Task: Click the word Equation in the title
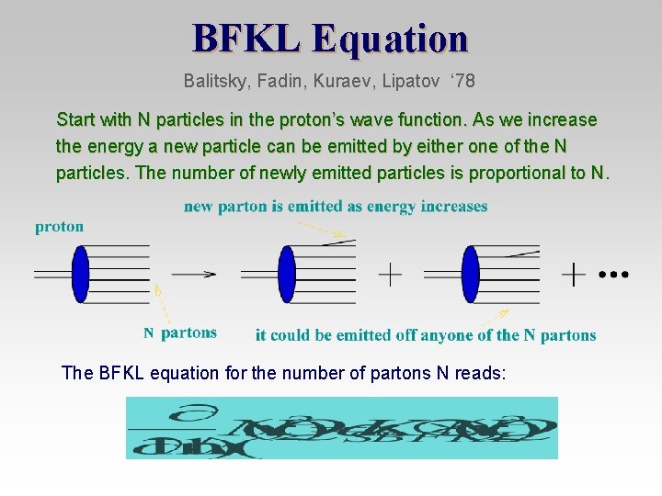pyautogui.click(x=390, y=39)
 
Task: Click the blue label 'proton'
pyautogui.click(x=60, y=226)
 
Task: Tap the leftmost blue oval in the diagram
pyautogui.click(x=81, y=274)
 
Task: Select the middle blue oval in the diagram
pyautogui.click(x=287, y=274)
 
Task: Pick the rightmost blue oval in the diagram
pyautogui.click(x=471, y=274)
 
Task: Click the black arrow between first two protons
pyautogui.click(x=194, y=273)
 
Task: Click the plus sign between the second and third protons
pyautogui.click(x=391, y=274)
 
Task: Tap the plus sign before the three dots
pyautogui.click(x=574, y=274)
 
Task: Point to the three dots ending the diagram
pyautogui.click(x=613, y=274)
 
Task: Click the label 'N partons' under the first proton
pyautogui.click(x=180, y=333)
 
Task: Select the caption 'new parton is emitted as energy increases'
pyautogui.click(x=336, y=207)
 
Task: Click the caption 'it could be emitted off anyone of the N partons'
pyautogui.click(x=426, y=335)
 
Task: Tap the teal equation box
pyautogui.click(x=342, y=427)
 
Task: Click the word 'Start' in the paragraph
pyautogui.click(x=75, y=120)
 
